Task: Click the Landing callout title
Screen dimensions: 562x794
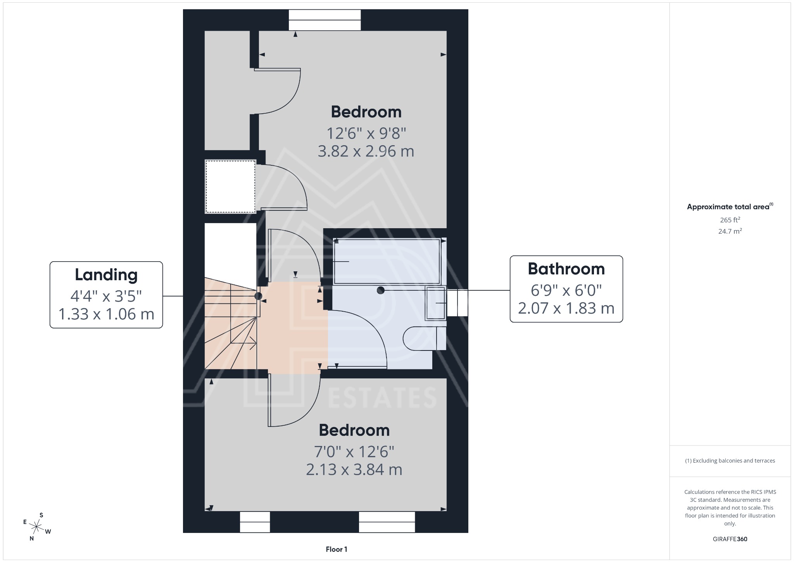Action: [x=106, y=275]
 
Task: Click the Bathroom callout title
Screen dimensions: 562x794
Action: [x=566, y=269]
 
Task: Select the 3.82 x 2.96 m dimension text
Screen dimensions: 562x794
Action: [x=366, y=151]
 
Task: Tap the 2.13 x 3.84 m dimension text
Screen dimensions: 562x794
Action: [x=354, y=470]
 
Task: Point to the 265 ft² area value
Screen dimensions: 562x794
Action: [x=730, y=220]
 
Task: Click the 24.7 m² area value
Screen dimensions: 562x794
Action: [x=730, y=231]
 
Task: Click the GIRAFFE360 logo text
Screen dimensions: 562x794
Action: [x=730, y=539]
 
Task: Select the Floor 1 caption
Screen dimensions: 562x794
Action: [x=336, y=549]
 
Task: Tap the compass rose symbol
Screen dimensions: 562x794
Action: [x=37, y=527]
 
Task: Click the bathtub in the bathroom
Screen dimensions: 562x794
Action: [x=387, y=261]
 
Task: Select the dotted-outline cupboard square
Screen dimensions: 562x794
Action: [x=230, y=187]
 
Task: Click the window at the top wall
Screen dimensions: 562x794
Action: [x=325, y=20]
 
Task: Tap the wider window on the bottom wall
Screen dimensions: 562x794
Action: [x=387, y=522]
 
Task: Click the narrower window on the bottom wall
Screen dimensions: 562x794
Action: [x=255, y=522]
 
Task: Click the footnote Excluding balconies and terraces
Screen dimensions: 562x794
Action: [x=730, y=461]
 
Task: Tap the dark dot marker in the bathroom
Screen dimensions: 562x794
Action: [x=380, y=290]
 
